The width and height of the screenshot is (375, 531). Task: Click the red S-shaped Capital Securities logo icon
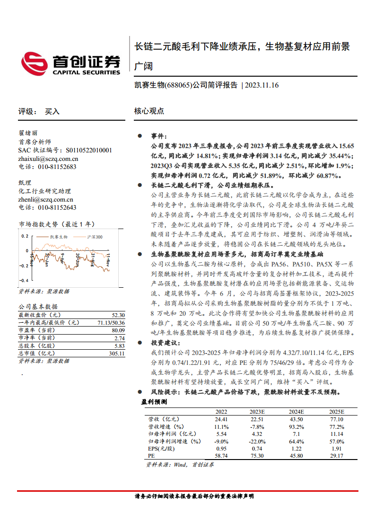click(x=35, y=63)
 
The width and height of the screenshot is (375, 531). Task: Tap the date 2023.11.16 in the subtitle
click(x=262, y=85)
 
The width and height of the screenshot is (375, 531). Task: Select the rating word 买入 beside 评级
click(x=52, y=112)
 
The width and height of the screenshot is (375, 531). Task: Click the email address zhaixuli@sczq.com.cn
click(x=48, y=159)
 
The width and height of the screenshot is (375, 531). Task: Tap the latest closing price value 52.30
click(x=118, y=315)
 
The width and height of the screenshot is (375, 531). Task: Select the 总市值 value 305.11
click(x=116, y=353)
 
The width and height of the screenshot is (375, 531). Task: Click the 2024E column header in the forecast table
click(x=297, y=411)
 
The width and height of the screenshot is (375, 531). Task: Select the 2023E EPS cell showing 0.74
click(x=257, y=448)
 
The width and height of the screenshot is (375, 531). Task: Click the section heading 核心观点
click(x=149, y=112)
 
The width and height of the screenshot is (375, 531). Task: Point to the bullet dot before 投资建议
click(x=140, y=342)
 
